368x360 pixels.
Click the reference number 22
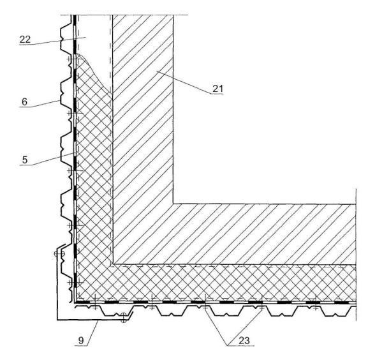click(25, 40)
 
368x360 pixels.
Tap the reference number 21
click(217, 89)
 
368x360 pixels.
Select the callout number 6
click(24, 102)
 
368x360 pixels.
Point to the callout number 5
click(25, 160)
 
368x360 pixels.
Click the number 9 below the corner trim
click(81, 340)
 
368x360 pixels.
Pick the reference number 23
click(244, 340)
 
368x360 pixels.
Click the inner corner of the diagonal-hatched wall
click(173, 204)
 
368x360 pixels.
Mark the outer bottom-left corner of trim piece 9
click(57, 320)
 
